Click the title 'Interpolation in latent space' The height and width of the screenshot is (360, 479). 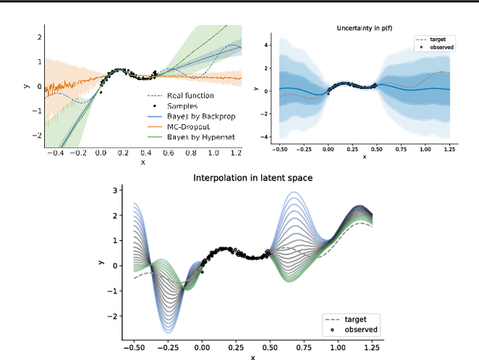point(252,177)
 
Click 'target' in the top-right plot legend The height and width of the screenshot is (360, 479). point(436,38)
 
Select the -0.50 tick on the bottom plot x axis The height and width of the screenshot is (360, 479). point(132,349)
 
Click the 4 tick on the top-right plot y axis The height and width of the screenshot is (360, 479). point(266,45)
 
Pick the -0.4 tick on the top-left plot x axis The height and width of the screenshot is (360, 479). point(55,153)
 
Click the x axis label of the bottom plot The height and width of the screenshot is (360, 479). point(252,358)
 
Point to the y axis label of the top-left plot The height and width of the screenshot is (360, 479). point(27,87)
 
